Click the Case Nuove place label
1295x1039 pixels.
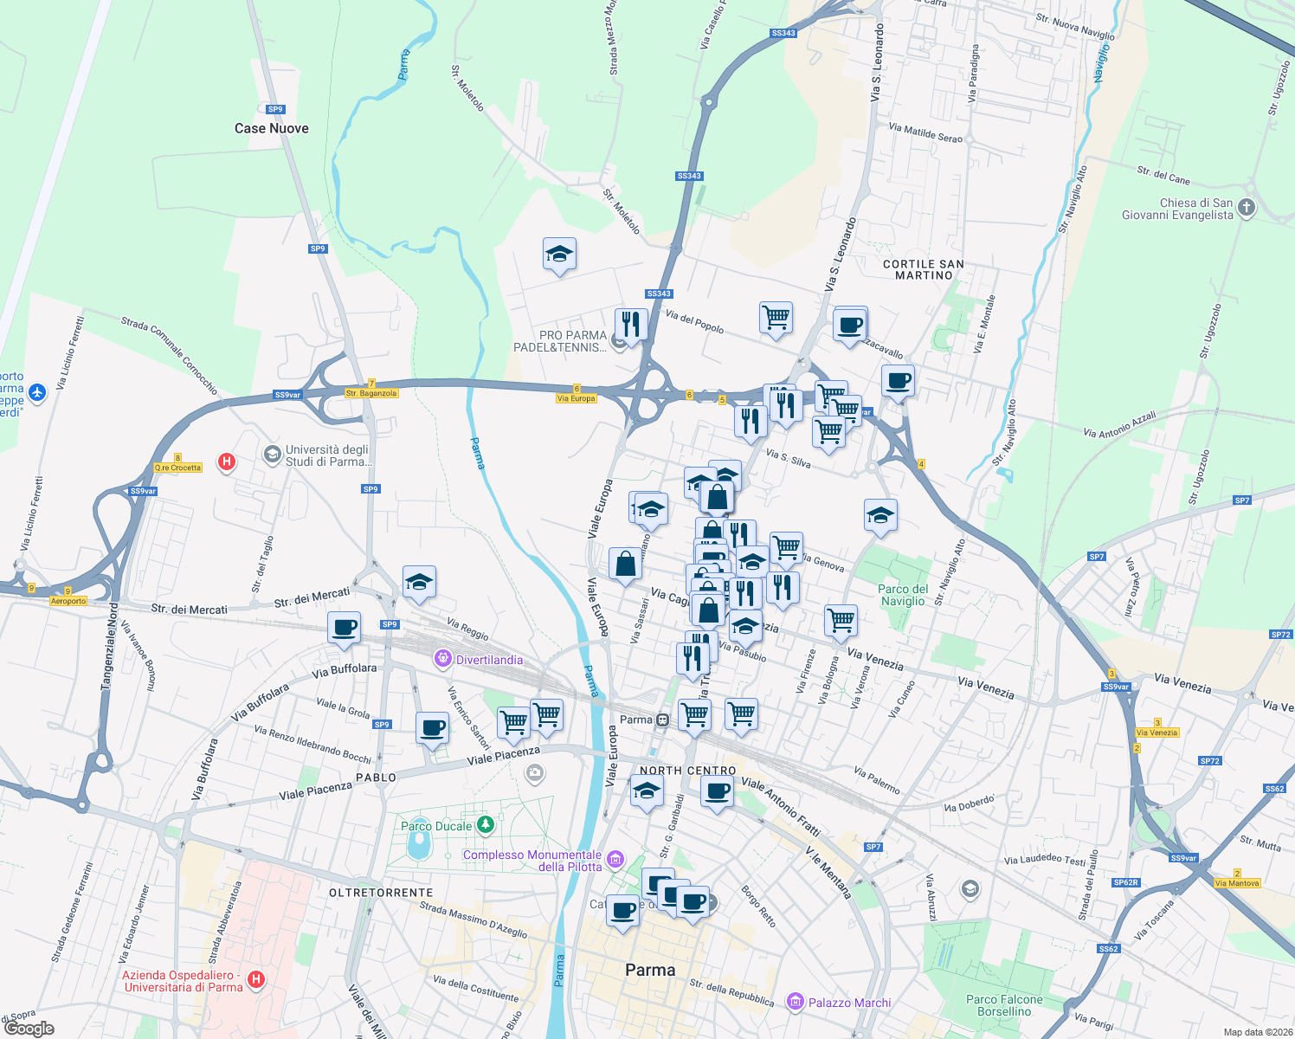click(x=271, y=128)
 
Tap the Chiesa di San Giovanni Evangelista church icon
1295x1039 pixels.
click(x=1247, y=208)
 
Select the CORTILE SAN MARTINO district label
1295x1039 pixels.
click(x=924, y=269)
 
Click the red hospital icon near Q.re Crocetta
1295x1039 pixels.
click(x=227, y=461)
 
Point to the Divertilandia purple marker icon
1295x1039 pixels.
click(x=443, y=660)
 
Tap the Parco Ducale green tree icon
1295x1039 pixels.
click(x=486, y=824)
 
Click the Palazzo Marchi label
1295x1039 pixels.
click(x=849, y=1003)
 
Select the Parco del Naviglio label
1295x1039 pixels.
click(x=903, y=595)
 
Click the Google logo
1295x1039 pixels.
click(x=29, y=1029)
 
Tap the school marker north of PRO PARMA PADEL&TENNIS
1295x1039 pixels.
click(x=559, y=255)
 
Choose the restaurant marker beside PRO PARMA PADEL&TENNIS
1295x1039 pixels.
click(x=631, y=325)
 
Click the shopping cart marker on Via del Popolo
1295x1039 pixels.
click(x=776, y=318)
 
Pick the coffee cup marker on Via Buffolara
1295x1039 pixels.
click(x=344, y=628)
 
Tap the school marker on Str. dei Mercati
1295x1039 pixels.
click(x=419, y=583)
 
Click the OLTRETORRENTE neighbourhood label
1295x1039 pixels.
click(x=381, y=893)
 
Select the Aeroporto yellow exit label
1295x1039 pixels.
click(x=68, y=601)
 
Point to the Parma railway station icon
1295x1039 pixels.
click(x=662, y=720)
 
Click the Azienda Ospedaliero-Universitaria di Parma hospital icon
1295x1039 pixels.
click(x=256, y=980)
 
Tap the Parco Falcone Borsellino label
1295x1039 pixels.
click(x=1004, y=1005)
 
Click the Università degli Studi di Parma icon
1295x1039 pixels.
click(x=272, y=455)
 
